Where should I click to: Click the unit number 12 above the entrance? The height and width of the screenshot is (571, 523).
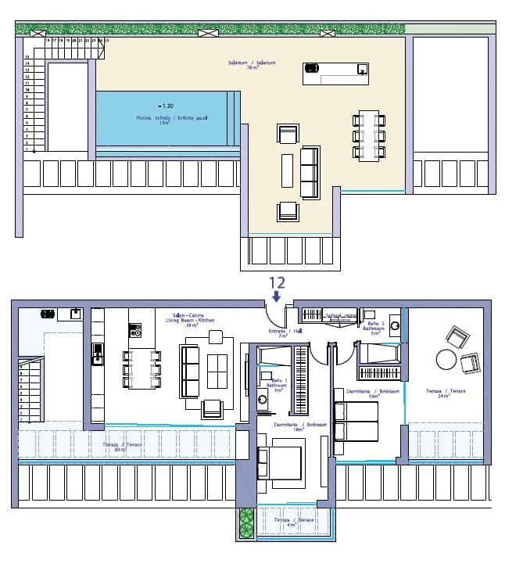[x=277, y=283]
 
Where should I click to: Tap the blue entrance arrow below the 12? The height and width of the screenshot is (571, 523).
[x=277, y=297]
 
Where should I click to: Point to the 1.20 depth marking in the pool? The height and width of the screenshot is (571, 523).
[x=166, y=106]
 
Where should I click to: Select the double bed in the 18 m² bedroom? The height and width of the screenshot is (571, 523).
[x=281, y=461]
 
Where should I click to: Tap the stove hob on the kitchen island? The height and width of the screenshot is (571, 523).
[x=134, y=331]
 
